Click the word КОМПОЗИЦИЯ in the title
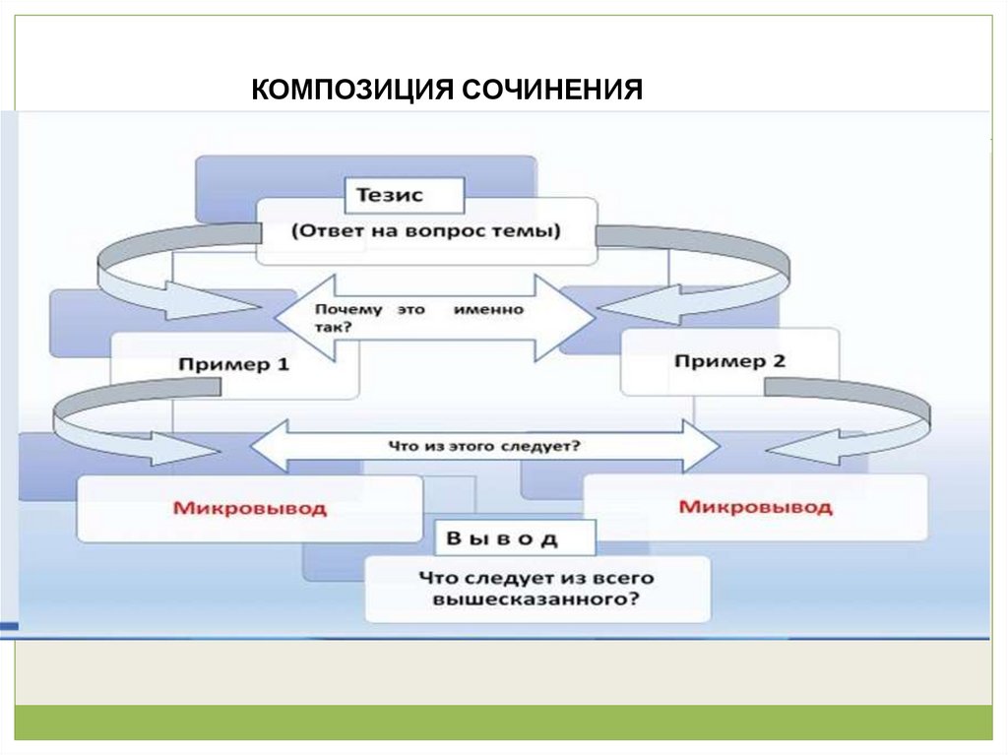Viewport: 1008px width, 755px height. [351, 90]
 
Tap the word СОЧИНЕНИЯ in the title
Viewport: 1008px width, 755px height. [551, 90]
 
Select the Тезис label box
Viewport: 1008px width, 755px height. [405, 196]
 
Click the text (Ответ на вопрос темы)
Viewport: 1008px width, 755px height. [426, 230]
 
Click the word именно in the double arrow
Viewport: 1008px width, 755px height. [488, 309]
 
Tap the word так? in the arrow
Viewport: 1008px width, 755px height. [333, 327]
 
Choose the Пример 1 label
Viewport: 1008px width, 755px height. [234, 365]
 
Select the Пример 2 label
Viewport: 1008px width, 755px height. [729, 361]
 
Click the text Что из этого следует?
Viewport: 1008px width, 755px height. [484, 446]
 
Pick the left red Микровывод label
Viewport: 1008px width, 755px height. [249, 508]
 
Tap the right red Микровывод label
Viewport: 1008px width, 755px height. [755, 507]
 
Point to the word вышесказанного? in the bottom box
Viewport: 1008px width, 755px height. [536, 599]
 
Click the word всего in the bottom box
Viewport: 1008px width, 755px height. [622, 578]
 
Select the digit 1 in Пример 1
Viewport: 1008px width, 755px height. [283, 364]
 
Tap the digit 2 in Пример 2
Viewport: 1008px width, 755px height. [779, 361]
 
